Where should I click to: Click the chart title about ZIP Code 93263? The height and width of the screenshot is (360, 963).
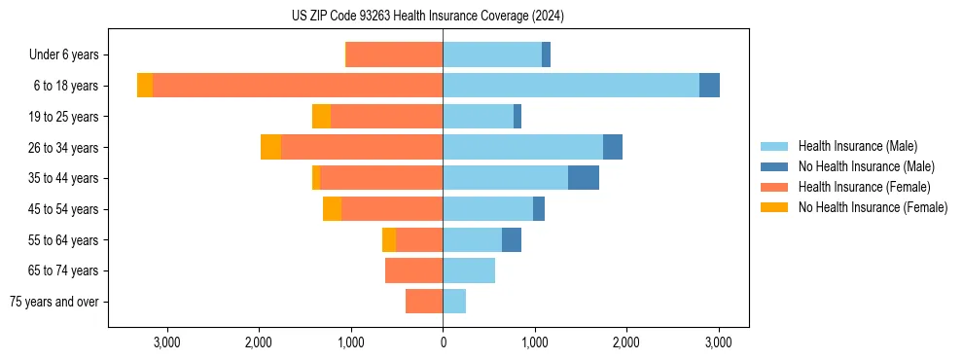[x=427, y=16]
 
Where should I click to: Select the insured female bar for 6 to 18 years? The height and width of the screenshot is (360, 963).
[x=298, y=86]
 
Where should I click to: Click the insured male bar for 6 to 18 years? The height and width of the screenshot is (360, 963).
[x=571, y=86]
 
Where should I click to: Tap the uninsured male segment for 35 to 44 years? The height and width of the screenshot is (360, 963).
[x=584, y=178]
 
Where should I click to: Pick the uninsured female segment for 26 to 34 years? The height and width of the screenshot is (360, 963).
[x=270, y=147]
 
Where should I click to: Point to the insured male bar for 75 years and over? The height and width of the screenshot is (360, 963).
[x=454, y=302]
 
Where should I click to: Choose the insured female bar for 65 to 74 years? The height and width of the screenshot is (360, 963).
[x=413, y=270]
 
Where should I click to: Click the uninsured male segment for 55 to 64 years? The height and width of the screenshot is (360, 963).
[x=512, y=239]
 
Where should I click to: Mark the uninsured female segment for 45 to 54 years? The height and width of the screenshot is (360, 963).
[x=332, y=209]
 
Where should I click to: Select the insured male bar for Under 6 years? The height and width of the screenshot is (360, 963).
[x=492, y=54]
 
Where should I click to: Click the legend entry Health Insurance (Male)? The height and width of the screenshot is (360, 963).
[x=857, y=146]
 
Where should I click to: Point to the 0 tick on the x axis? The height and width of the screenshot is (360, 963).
[x=443, y=342]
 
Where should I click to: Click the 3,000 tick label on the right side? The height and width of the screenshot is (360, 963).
[x=718, y=342]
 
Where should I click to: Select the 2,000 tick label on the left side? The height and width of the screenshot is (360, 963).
[x=259, y=342]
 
